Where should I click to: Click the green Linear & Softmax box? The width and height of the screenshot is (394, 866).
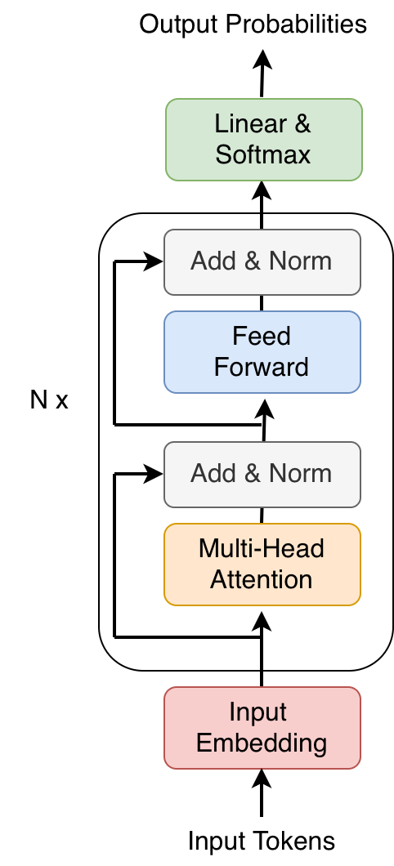[263, 139]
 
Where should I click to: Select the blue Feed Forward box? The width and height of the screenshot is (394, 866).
[262, 351]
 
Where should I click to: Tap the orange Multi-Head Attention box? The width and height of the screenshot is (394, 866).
[262, 564]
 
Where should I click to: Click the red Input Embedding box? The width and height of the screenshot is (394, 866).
[262, 727]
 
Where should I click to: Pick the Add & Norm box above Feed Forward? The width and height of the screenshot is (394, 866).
[262, 261]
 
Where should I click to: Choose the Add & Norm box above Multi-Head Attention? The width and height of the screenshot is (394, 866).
[262, 474]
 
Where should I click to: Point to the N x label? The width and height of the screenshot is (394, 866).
[49, 400]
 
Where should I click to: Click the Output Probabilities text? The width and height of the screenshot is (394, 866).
[253, 25]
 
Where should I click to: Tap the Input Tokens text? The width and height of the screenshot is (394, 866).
[262, 841]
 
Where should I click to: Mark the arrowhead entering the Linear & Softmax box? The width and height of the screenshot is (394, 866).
[262, 190]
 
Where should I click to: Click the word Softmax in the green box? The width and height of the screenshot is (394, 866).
[263, 154]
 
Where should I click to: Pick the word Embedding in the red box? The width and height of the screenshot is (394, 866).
[262, 743]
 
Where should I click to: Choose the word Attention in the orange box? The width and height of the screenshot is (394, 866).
[262, 579]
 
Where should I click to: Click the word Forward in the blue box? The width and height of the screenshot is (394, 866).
[262, 367]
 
